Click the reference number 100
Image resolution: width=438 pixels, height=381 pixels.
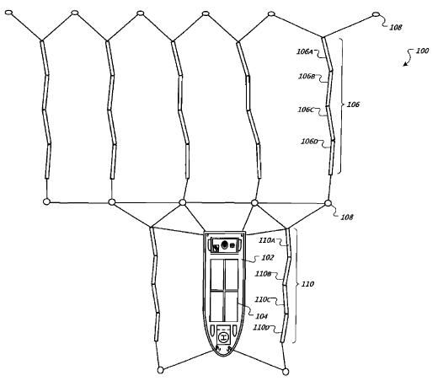coord(422,51)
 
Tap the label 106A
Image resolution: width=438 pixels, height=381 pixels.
coord(305,51)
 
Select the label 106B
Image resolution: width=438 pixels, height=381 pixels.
coord(307,76)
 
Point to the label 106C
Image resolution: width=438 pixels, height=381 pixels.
coord(305,110)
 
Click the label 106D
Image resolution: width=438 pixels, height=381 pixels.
coord(309,142)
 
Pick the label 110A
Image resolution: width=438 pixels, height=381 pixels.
coord(267,240)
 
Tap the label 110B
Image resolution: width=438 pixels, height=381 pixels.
coord(263,274)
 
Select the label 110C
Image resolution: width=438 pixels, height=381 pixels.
coord(262,299)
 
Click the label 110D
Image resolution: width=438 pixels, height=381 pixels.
coord(261,327)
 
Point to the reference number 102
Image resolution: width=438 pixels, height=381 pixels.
coord(268,257)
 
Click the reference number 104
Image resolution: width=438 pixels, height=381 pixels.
coord(262,316)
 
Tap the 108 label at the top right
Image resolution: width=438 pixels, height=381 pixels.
coord(396,27)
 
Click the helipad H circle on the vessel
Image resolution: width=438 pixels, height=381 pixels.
coord(223,337)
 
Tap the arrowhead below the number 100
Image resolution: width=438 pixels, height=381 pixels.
coord(405,64)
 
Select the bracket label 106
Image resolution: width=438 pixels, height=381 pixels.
coord(353,105)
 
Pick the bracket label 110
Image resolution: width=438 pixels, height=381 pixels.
coord(307,284)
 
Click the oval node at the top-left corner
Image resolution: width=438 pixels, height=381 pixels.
coord(9,13)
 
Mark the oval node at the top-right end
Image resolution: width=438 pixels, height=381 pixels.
coord(376,14)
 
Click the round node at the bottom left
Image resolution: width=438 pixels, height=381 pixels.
coord(160,370)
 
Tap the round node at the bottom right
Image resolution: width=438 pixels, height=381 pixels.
coord(286,372)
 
